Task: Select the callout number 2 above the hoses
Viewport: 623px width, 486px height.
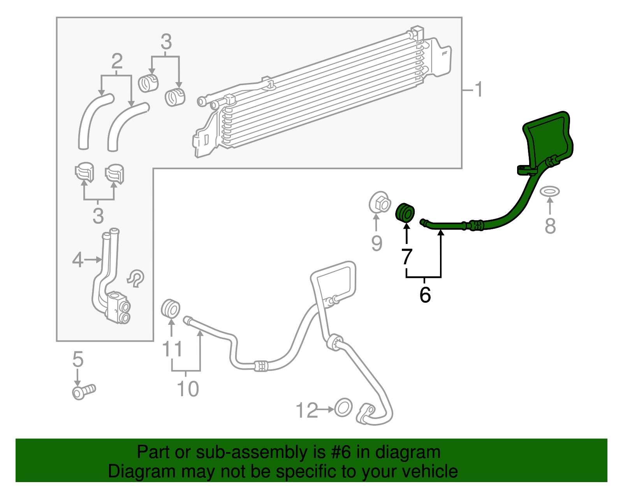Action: (x=117, y=61)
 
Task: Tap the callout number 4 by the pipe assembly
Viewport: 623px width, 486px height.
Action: (x=78, y=260)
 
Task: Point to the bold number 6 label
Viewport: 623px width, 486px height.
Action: (x=425, y=295)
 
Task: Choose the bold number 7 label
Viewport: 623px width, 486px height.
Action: (x=407, y=257)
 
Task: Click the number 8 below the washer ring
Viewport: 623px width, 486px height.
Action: (x=550, y=226)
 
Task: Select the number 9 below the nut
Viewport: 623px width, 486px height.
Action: (x=377, y=243)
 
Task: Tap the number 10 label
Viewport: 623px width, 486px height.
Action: (x=188, y=388)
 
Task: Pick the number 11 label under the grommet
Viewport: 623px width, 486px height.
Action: (x=172, y=349)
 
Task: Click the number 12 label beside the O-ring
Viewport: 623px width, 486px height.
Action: (x=307, y=410)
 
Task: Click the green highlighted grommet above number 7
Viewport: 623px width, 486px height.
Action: (x=405, y=212)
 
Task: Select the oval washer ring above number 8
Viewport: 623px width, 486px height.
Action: (x=549, y=191)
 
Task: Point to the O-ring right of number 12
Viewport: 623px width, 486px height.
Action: (x=343, y=408)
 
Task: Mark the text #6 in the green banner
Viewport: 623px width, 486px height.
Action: (x=341, y=453)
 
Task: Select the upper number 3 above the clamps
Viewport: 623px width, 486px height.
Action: (x=166, y=42)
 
